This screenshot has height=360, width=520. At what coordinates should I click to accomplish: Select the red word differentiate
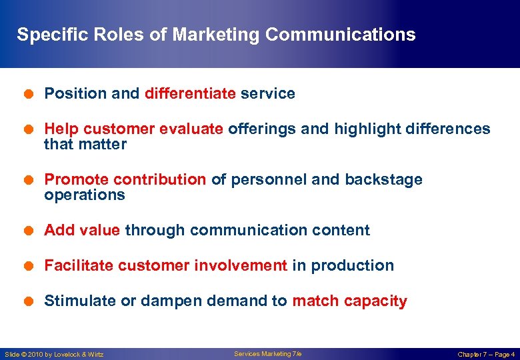pyautogui.click(x=190, y=94)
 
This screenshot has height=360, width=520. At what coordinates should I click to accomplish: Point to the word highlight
pyautogui.click(x=365, y=129)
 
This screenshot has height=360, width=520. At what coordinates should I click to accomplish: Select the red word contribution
pyautogui.click(x=160, y=180)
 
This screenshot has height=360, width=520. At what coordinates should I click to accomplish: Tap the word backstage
pyautogui.click(x=383, y=180)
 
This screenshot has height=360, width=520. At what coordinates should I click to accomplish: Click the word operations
pyautogui.click(x=85, y=195)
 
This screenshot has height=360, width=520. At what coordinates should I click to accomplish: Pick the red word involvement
pyautogui.click(x=240, y=266)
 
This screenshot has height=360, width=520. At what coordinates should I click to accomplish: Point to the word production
pyautogui.click(x=352, y=266)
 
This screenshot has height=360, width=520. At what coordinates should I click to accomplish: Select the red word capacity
pyautogui.click(x=375, y=301)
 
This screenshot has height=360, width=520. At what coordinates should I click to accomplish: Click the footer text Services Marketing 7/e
pyautogui.click(x=267, y=354)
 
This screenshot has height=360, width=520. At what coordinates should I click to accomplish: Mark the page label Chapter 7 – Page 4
pyautogui.click(x=486, y=355)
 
